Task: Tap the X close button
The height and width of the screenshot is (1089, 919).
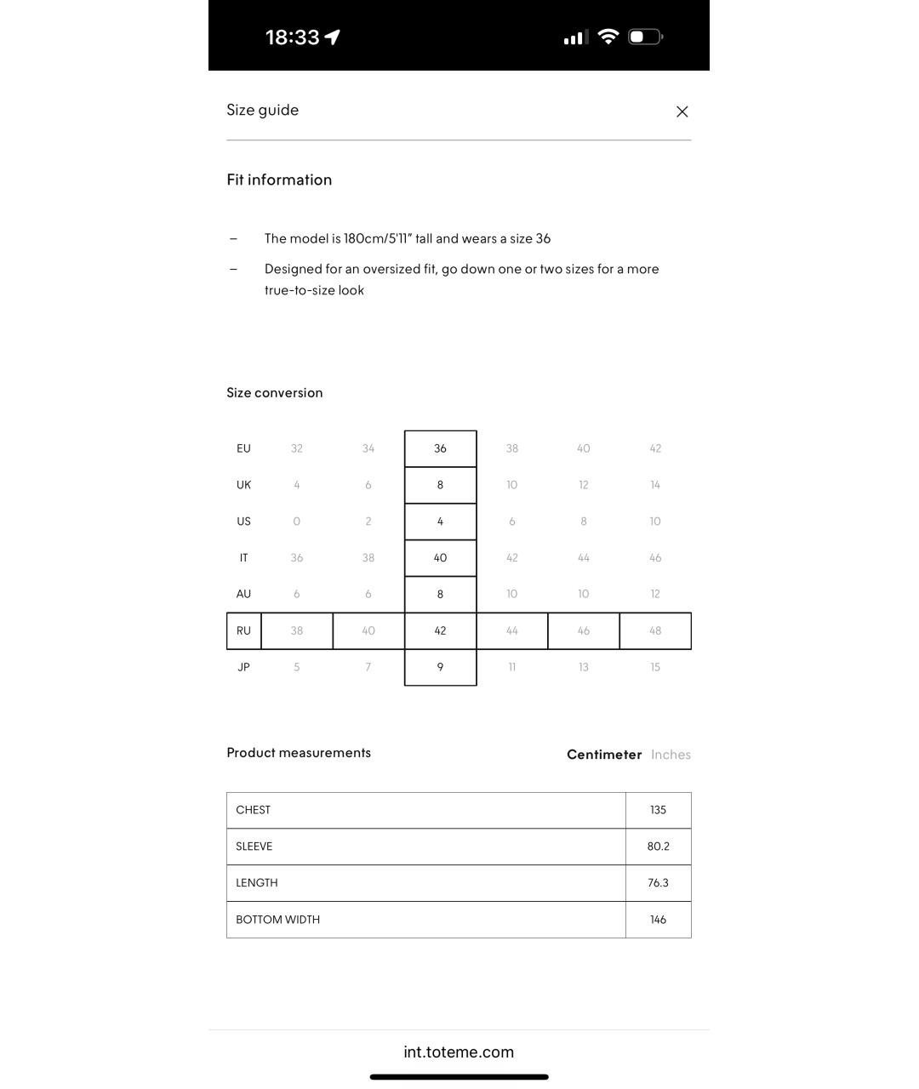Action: coord(682,111)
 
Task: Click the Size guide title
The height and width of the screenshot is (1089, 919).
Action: coord(262,110)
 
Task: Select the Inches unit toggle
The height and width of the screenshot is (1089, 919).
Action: coord(671,755)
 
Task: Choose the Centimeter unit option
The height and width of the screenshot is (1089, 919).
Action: coord(604,755)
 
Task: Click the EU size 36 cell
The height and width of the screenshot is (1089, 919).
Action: coord(440,448)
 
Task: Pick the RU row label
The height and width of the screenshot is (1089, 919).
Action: coord(243,630)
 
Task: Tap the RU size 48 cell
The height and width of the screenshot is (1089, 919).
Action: coord(655,630)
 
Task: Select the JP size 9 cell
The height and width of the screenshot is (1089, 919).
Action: coord(440,667)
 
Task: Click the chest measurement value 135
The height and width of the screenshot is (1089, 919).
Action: coord(658,810)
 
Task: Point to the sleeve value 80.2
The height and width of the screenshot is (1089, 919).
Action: coord(658,847)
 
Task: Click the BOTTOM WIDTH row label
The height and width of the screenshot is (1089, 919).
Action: coord(277,920)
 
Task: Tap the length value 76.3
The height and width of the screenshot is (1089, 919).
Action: coord(658,883)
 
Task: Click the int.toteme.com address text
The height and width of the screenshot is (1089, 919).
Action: coord(459,1052)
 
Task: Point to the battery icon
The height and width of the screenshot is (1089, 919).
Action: coord(645,37)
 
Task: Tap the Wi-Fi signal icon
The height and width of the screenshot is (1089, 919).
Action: coord(608,37)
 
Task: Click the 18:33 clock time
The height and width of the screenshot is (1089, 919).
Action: coord(292,37)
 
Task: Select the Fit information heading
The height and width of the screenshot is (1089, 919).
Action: coord(279,180)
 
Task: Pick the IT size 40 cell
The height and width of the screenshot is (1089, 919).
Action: coord(440,558)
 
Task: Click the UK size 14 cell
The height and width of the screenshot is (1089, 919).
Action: coord(655,485)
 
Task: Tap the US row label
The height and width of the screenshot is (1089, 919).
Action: coord(243,522)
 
